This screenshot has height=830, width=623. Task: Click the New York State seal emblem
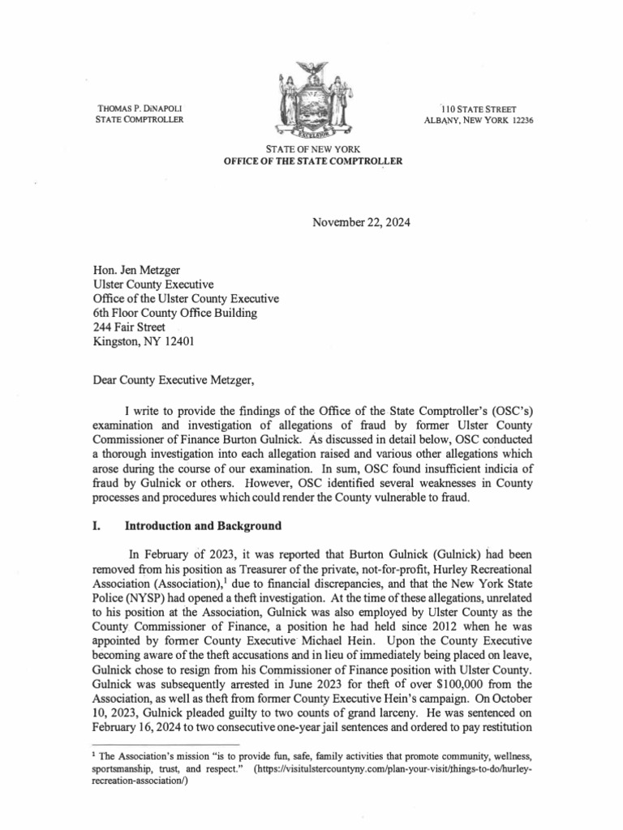coord(311,101)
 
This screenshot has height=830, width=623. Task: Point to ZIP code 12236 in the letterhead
coord(519,121)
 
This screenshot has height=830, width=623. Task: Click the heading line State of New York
coord(311,150)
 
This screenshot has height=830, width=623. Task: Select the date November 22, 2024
coord(361,222)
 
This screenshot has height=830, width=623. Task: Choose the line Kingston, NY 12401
coord(140,342)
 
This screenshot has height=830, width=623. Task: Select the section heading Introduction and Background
coord(203,526)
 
